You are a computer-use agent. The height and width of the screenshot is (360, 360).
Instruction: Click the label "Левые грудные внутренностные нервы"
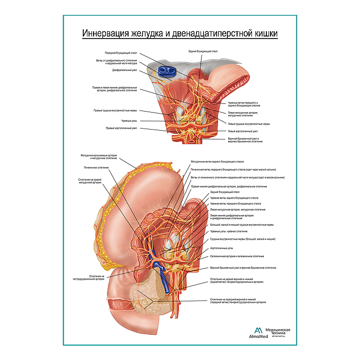(x=249, y=123)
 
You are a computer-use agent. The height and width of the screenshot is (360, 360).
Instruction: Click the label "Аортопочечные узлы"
(x=222, y=248)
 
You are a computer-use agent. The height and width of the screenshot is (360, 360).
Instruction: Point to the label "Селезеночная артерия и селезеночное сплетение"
(x=237, y=256)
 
